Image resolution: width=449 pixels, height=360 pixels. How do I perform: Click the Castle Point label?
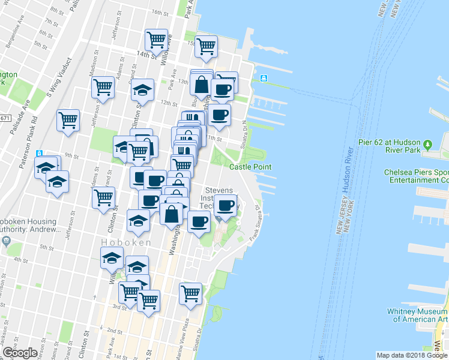click(x=250, y=167)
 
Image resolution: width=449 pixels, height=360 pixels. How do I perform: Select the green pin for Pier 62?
click(x=427, y=145)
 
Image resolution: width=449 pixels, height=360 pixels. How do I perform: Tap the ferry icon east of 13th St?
click(x=263, y=79)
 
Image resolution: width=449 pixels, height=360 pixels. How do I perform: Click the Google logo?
click(x=20, y=353)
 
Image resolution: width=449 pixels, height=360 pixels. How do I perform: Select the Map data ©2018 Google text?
click(x=411, y=355)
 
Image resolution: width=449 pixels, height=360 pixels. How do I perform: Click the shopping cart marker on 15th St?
click(x=206, y=46)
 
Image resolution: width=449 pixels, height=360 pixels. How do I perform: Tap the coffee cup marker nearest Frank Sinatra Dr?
click(x=226, y=206)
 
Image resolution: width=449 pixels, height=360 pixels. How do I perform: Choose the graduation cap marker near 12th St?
click(x=142, y=91)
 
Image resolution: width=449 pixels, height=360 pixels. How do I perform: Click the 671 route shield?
click(x=5, y=118)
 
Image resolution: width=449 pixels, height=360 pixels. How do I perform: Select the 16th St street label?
click(x=160, y=13)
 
